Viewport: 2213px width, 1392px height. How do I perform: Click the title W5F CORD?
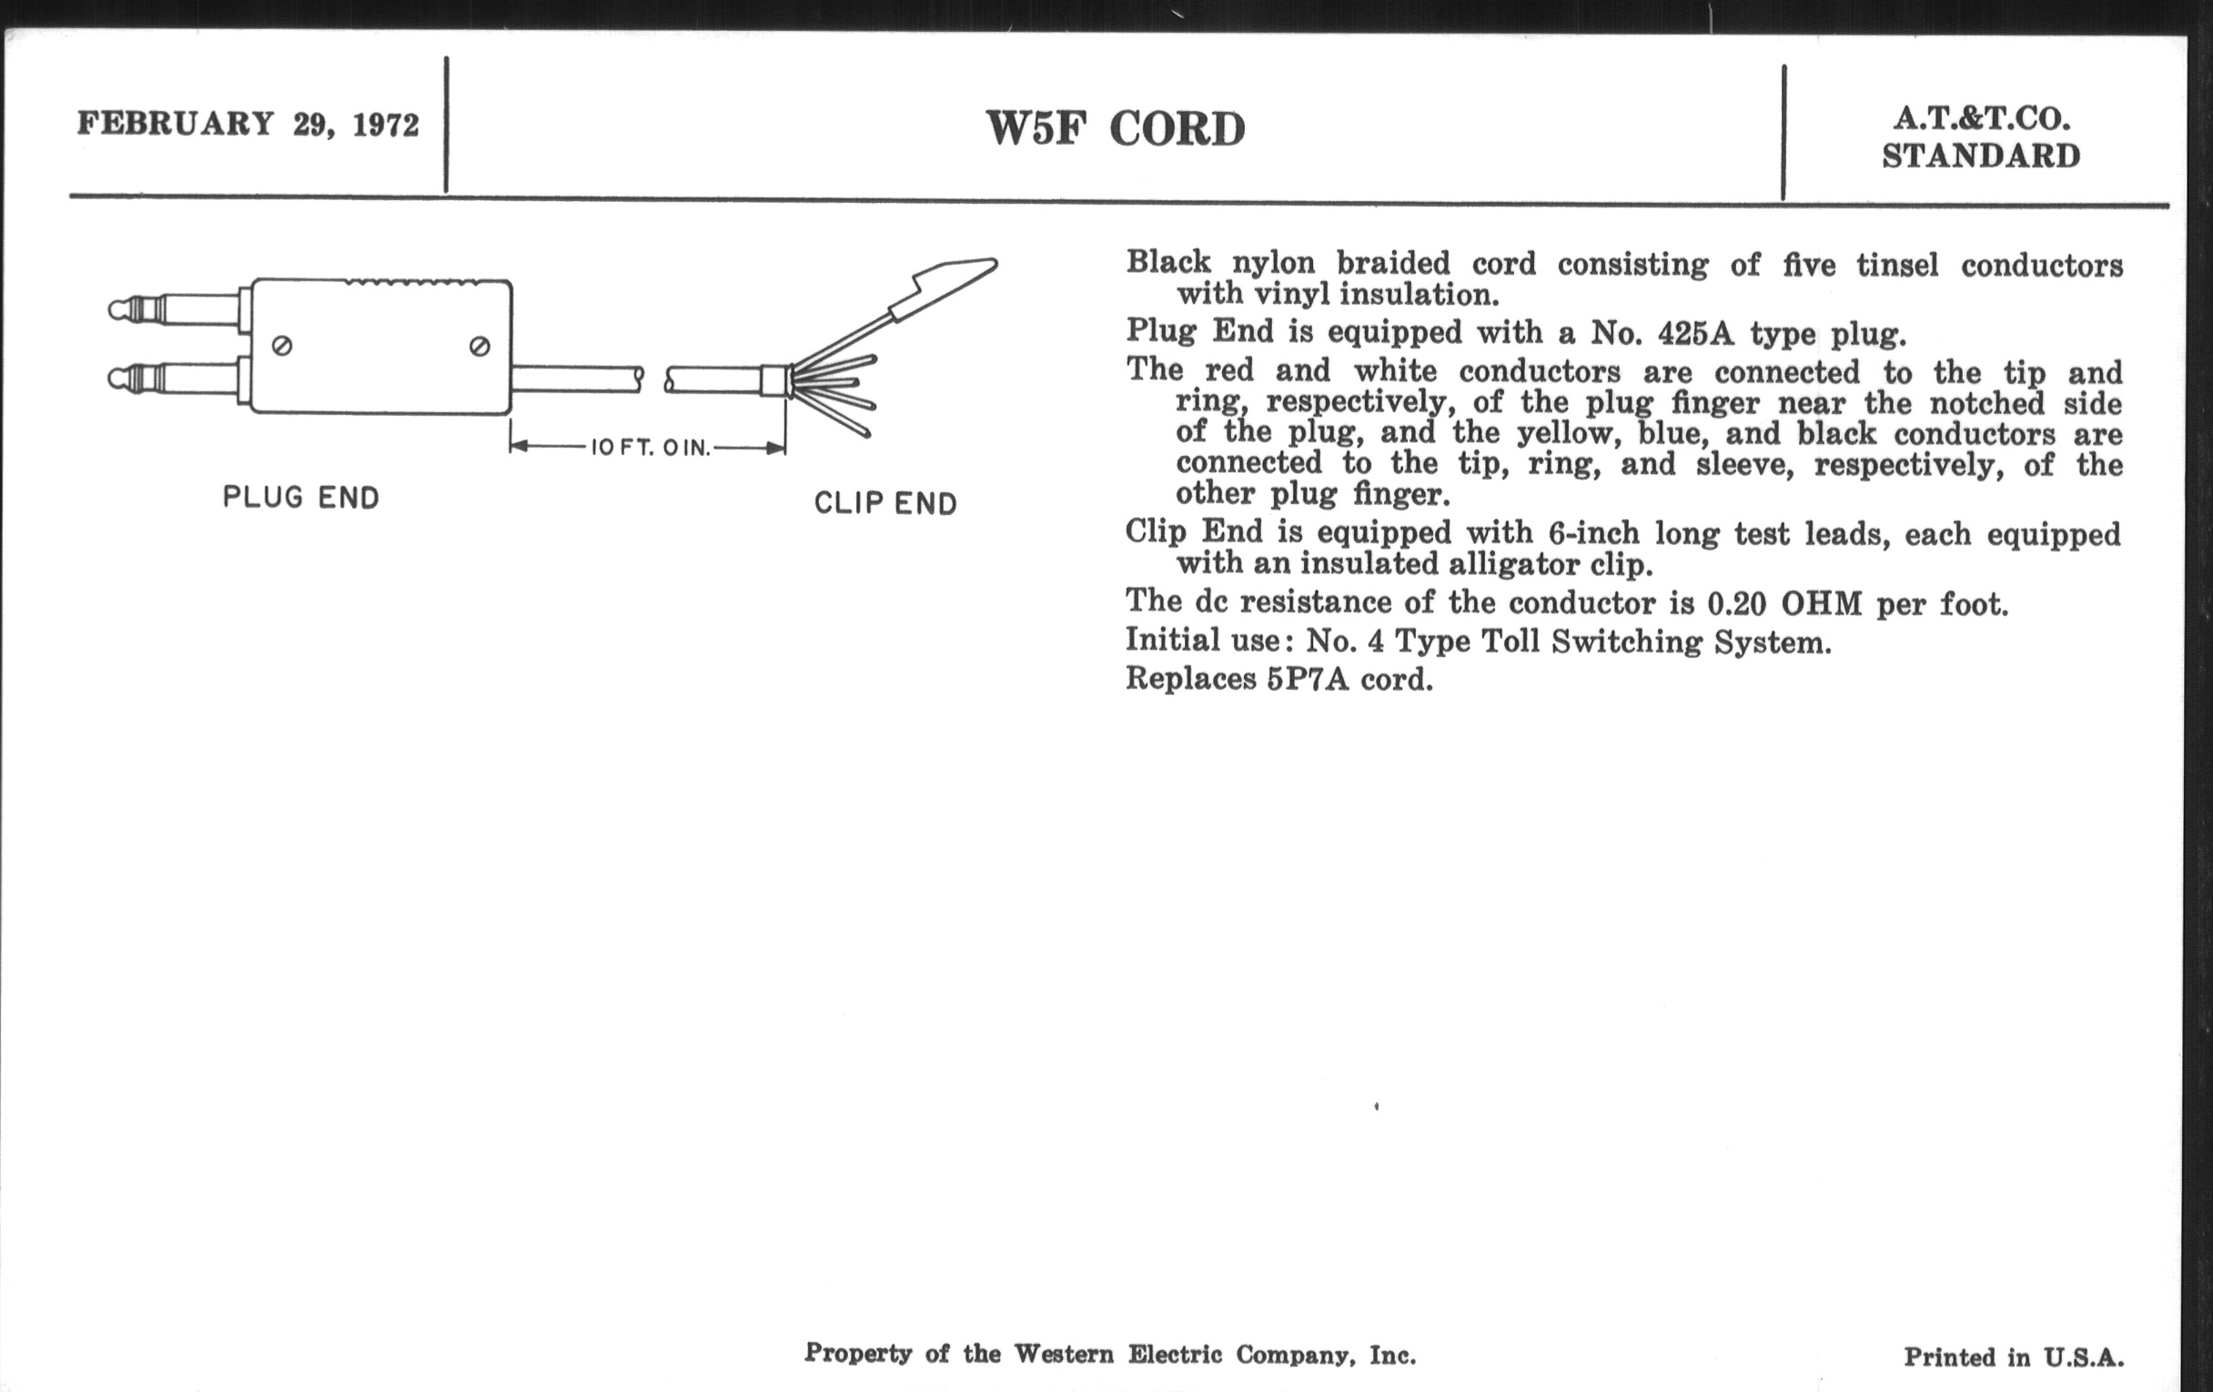point(1116,128)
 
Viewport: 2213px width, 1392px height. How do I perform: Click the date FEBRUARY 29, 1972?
point(248,124)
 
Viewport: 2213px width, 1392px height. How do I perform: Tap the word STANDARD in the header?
point(1981,156)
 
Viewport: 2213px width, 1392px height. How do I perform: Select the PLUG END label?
point(301,498)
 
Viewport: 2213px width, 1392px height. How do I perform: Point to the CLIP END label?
point(886,503)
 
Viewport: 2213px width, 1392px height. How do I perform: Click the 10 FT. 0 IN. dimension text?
point(651,448)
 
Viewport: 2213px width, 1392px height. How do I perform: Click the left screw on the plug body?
point(283,347)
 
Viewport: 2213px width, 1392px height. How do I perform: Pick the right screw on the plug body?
point(479,347)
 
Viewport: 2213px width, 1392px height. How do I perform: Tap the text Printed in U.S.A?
point(2014,1357)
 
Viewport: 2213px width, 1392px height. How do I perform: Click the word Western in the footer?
point(1064,1354)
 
